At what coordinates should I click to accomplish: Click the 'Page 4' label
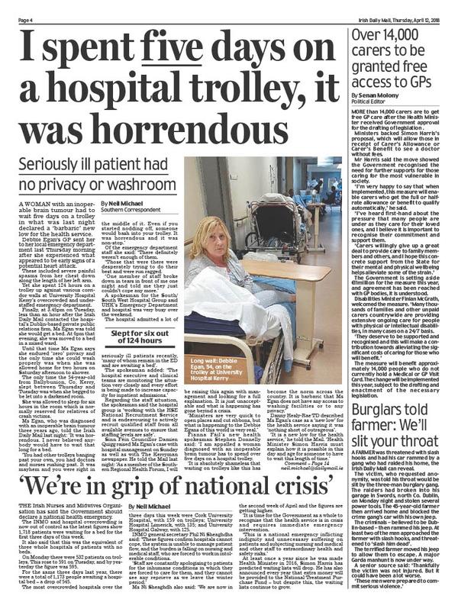pos(15,7)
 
